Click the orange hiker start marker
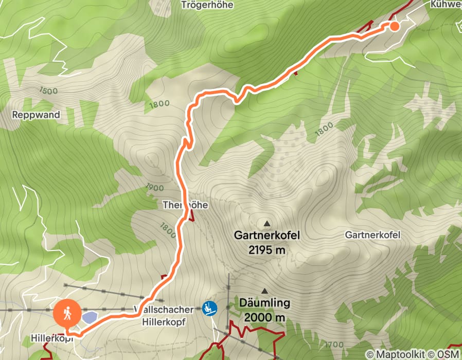pyautogui.click(x=67, y=313)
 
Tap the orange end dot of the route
pyautogui.click(x=394, y=26)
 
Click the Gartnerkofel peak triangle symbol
pyautogui.click(x=266, y=224)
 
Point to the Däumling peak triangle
pyautogui.click(x=264, y=291)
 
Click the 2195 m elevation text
pyautogui.click(x=266, y=250)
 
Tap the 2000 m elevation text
pyautogui.click(x=264, y=317)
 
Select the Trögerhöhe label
pyautogui.click(x=207, y=5)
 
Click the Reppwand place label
pyautogui.click(x=36, y=115)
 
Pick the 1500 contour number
pyautogui.click(x=48, y=91)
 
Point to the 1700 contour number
pyautogui.click(x=334, y=344)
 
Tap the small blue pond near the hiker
pyautogui.click(x=88, y=317)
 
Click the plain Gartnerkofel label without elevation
pyautogui.click(x=372, y=235)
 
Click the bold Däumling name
pyautogui.click(x=264, y=303)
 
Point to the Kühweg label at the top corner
pyautogui.click(x=445, y=4)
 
